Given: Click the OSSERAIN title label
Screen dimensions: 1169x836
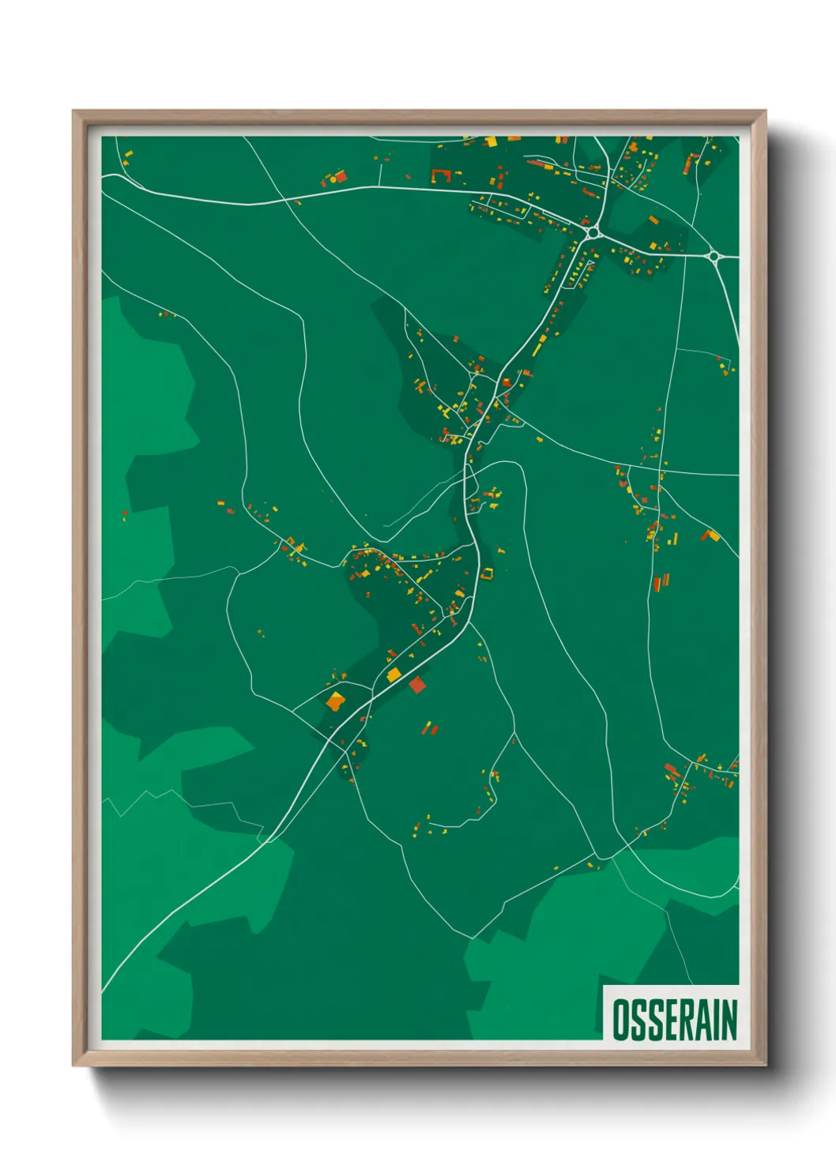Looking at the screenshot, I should [x=674, y=1019].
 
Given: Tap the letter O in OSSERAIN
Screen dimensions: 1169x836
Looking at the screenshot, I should [x=620, y=1020].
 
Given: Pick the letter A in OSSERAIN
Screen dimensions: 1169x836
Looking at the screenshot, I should [x=702, y=1020].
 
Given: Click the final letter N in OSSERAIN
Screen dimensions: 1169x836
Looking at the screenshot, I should [x=728, y=1020].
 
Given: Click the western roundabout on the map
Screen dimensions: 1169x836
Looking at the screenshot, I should [x=593, y=233].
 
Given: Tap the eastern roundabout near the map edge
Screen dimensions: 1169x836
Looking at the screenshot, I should [x=714, y=255].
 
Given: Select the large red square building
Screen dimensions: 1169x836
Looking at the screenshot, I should [x=416, y=684].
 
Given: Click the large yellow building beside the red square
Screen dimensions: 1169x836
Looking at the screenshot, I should [x=394, y=675].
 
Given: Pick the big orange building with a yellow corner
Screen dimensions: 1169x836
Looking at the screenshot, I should [x=336, y=701].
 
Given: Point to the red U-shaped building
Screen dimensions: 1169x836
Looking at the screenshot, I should [x=440, y=175].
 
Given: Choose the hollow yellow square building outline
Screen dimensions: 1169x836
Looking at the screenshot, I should [x=487, y=574].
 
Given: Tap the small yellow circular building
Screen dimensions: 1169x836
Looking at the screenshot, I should [x=333, y=179].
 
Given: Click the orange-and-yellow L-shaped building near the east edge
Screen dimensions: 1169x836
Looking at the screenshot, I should [x=710, y=536].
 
